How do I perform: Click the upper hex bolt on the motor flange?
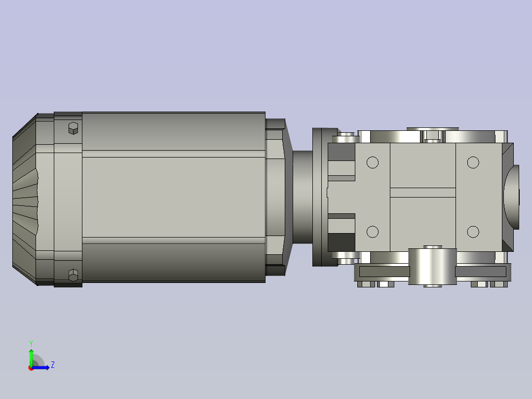73,128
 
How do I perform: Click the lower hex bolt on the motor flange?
73,275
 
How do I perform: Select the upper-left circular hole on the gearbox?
373,162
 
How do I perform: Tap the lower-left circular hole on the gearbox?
373,232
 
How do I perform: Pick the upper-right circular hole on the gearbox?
473,162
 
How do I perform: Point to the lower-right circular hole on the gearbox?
473,232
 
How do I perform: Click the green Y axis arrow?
31,357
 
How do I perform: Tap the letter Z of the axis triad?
53,365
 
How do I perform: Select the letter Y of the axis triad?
31,343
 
